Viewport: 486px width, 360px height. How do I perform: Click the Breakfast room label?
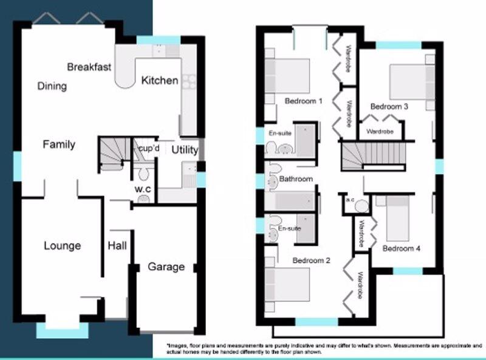click(x=89, y=67)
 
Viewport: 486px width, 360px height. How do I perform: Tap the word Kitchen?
click(x=160, y=81)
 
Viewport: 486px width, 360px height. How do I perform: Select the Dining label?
click(x=52, y=86)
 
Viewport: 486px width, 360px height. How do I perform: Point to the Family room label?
click(x=59, y=144)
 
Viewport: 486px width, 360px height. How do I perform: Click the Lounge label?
click(x=63, y=246)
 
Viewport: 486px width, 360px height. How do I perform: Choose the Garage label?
click(x=166, y=267)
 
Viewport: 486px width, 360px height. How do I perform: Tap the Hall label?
click(x=117, y=246)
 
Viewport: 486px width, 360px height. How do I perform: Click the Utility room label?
click(x=185, y=150)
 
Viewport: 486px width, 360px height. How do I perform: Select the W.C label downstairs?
click(x=143, y=189)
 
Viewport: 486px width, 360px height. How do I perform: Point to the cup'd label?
click(x=149, y=148)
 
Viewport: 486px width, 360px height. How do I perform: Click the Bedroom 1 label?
click(x=303, y=101)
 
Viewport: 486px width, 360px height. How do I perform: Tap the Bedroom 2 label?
click(x=311, y=260)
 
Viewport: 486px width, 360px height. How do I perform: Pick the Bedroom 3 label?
click(x=389, y=107)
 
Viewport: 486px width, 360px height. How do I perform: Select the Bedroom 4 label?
click(x=402, y=248)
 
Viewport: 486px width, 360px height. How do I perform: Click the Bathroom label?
click(x=296, y=178)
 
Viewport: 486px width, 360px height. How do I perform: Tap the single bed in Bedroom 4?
click(x=397, y=219)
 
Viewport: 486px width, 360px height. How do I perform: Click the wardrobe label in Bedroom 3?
click(x=380, y=132)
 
